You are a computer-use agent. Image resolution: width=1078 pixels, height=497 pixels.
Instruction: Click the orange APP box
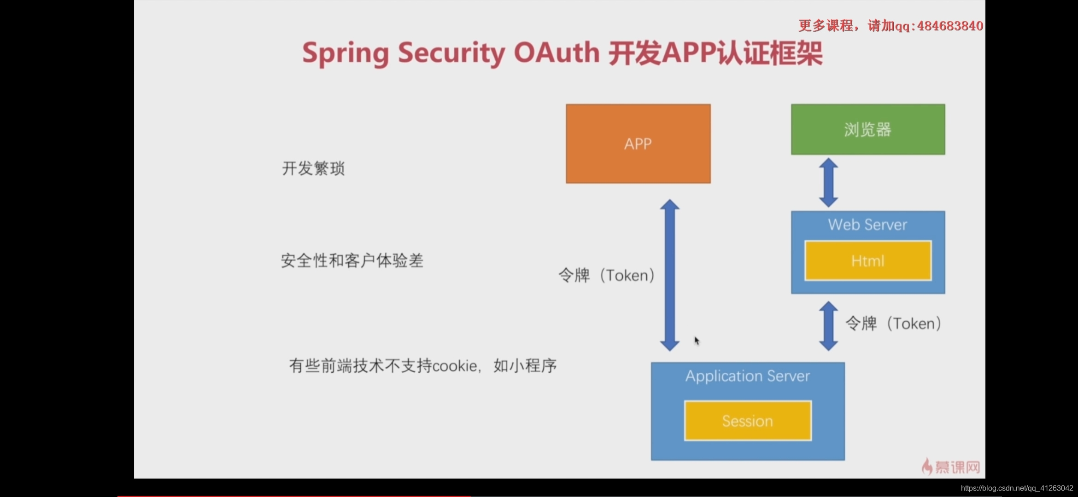[x=638, y=144]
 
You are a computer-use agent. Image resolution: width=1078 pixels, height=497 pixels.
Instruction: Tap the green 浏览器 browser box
[x=867, y=129]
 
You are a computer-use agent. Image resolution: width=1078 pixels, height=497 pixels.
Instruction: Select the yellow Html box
[x=867, y=261]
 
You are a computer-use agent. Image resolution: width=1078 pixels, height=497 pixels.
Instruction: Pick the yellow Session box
[x=747, y=421]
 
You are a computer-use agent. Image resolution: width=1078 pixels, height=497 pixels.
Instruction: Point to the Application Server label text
[x=747, y=376]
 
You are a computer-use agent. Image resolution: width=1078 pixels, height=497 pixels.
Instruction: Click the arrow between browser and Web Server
[x=828, y=183]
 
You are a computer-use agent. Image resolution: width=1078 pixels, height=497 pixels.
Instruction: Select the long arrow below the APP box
[x=669, y=275]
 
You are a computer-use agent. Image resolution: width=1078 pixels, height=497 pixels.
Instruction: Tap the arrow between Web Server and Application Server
[x=828, y=326]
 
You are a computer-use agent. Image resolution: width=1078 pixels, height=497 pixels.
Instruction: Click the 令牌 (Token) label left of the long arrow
[x=606, y=275]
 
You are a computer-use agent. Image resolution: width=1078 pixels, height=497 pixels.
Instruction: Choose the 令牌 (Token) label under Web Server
[x=893, y=324]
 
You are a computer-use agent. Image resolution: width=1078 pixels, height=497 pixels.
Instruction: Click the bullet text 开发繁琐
[x=313, y=168]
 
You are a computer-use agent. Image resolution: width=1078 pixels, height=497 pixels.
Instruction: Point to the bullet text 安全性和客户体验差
[x=352, y=261]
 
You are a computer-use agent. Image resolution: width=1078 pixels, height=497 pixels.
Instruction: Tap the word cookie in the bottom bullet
[x=454, y=366]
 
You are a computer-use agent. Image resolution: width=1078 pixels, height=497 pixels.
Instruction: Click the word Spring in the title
[x=346, y=53]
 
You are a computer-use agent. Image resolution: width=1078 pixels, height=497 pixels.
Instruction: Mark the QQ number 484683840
[x=950, y=26]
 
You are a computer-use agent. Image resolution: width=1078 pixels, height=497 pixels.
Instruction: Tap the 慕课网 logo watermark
[x=951, y=467]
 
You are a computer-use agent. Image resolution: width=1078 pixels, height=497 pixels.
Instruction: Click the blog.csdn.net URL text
[x=1017, y=488]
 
